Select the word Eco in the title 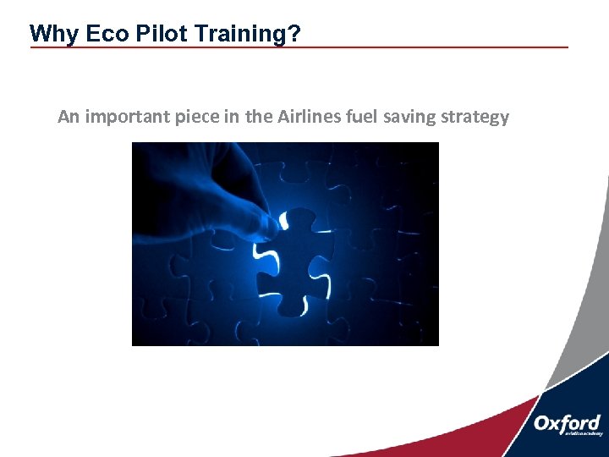click(x=94, y=34)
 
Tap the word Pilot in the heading click(x=145, y=34)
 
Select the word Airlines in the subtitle click(x=310, y=117)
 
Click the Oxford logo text click(x=567, y=423)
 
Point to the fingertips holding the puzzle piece click(x=269, y=222)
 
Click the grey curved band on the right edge click(x=584, y=305)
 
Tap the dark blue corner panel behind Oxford click(x=584, y=398)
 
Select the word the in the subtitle click(x=259, y=117)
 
